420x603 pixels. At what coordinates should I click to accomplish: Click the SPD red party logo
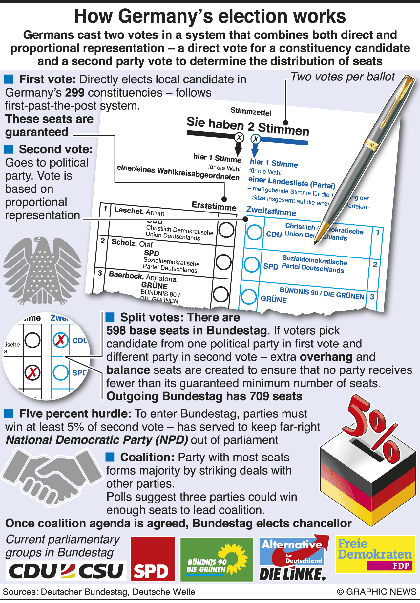click(x=153, y=559)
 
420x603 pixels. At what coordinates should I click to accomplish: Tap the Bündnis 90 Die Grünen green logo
click(x=217, y=559)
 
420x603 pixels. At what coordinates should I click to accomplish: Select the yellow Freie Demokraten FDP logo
click(x=375, y=554)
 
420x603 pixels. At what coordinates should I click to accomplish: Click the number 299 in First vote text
click(x=75, y=93)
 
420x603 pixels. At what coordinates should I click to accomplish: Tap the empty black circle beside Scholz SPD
click(x=224, y=262)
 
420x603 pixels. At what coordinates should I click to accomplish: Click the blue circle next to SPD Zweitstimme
click(x=252, y=264)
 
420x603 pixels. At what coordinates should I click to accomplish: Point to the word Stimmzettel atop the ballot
click(x=251, y=112)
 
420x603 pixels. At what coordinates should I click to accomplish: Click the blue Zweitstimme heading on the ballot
click(x=271, y=211)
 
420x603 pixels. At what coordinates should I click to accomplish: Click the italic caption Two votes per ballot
click(x=343, y=77)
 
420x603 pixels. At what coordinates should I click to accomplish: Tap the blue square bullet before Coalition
click(x=110, y=457)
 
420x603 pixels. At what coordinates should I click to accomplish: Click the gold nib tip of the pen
click(x=316, y=241)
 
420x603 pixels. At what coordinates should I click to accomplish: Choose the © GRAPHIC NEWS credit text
click(x=377, y=592)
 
